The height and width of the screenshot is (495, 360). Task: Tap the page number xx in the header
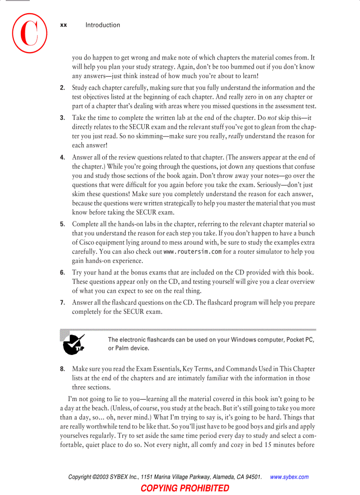(x=64, y=25)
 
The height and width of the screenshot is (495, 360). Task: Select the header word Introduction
(x=103, y=25)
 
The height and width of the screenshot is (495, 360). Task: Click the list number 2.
(x=62, y=88)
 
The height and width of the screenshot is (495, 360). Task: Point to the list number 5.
(x=62, y=224)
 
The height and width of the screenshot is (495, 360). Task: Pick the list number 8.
(x=62, y=368)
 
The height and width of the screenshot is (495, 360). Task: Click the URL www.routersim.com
(x=192, y=252)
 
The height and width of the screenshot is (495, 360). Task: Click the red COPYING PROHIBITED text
(x=185, y=488)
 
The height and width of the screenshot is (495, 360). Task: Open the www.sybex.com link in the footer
(x=289, y=477)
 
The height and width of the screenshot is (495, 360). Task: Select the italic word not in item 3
(x=272, y=118)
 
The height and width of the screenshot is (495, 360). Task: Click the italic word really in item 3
(x=236, y=136)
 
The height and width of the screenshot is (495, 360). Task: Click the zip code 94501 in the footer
(x=254, y=477)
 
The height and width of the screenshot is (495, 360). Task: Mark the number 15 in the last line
(x=268, y=445)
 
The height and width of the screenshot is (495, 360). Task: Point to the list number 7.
(x=62, y=302)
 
